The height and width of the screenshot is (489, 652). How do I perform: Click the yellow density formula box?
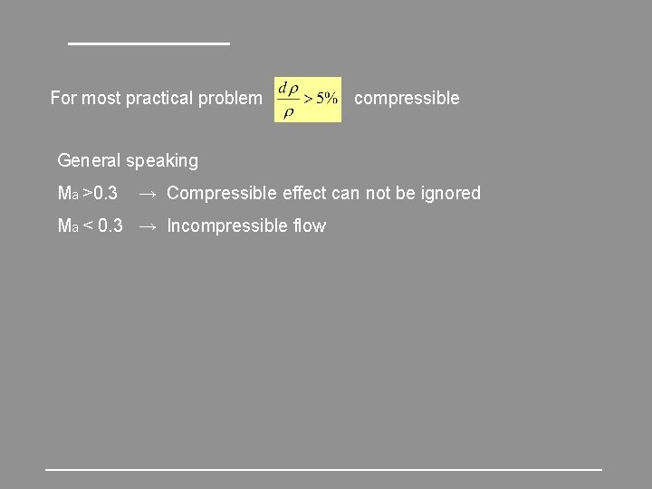pyautogui.click(x=308, y=99)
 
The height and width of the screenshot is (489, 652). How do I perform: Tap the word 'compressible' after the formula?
pyautogui.click(x=407, y=98)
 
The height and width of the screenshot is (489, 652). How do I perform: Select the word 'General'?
pyautogui.click(x=89, y=160)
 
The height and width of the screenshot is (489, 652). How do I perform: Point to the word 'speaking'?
pyautogui.click(x=162, y=161)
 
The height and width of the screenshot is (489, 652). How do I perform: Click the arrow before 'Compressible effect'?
pyautogui.click(x=149, y=194)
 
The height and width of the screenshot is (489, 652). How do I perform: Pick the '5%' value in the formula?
pyautogui.click(x=327, y=98)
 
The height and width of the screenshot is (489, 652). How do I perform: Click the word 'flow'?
pyautogui.click(x=309, y=225)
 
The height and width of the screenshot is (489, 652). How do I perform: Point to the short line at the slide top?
pyautogui.click(x=149, y=43)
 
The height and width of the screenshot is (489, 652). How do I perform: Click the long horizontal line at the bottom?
pyautogui.click(x=323, y=469)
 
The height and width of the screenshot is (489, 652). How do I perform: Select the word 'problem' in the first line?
pyautogui.click(x=229, y=98)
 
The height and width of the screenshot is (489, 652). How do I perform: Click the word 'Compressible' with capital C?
pyautogui.click(x=222, y=193)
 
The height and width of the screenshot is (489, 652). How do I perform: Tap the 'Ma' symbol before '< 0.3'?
pyautogui.click(x=68, y=226)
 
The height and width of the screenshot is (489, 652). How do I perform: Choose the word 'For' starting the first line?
pyautogui.click(x=63, y=98)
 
